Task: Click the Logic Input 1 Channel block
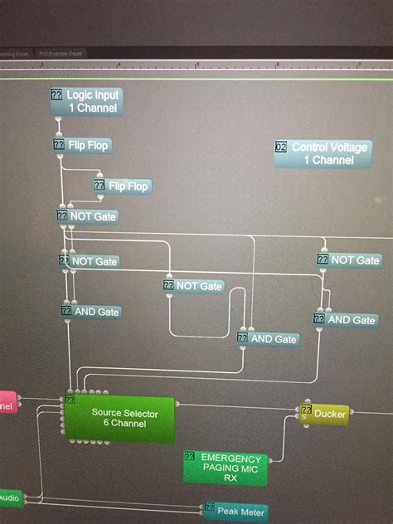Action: point(86,101)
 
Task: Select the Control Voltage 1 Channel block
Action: point(321,153)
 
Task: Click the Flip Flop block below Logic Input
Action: point(82,145)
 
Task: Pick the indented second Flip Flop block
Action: point(123,186)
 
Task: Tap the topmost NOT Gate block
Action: point(87,216)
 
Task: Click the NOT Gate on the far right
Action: point(348,260)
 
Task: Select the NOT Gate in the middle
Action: point(194,286)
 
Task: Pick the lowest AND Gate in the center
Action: point(268,338)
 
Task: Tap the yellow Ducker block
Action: point(324,412)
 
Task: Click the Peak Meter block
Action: point(236,512)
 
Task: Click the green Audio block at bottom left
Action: point(10,497)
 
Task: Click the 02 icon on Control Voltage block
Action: point(280,147)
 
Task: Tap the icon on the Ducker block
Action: point(306,410)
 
